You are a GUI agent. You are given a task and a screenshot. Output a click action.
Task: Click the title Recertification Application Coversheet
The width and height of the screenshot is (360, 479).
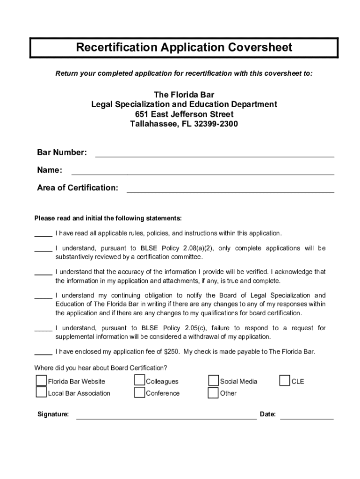pyautogui.click(x=184, y=48)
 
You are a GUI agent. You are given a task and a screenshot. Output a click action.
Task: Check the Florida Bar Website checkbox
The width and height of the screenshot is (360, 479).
pyautogui.click(x=42, y=381)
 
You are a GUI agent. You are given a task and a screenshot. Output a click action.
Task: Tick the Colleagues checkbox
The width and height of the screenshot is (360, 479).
pyautogui.click(x=139, y=381)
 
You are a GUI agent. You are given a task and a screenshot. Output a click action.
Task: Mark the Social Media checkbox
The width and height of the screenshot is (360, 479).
pyautogui.click(x=214, y=381)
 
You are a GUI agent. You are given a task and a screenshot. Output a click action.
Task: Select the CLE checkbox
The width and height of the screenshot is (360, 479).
pyautogui.click(x=284, y=381)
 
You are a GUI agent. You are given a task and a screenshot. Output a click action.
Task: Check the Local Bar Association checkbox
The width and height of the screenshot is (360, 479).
pyautogui.click(x=42, y=392)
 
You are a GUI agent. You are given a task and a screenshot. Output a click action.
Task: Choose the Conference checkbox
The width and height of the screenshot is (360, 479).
pyautogui.click(x=139, y=392)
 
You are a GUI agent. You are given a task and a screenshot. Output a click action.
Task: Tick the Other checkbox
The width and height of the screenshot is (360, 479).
pyautogui.click(x=214, y=392)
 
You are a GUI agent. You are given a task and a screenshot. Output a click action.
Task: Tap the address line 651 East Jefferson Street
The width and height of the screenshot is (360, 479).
pyautogui.click(x=184, y=115)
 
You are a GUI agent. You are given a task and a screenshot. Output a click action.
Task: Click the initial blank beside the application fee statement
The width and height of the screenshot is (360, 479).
pyautogui.click(x=43, y=353)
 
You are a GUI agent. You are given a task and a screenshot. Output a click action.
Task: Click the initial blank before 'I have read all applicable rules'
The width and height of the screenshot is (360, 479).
pyautogui.click(x=43, y=234)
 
